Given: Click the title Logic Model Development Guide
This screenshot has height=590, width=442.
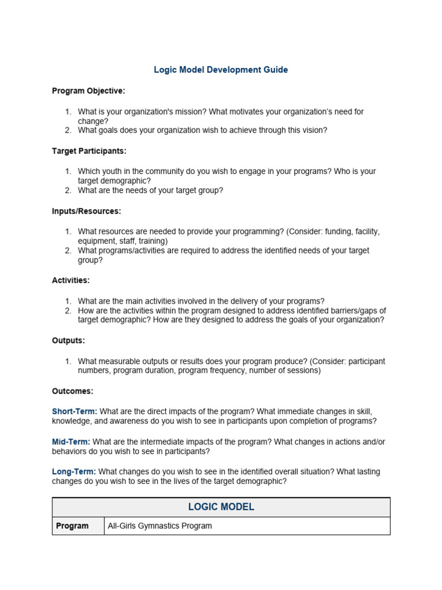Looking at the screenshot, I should pos(221,70).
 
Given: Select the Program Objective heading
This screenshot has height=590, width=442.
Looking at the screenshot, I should pos(89,91).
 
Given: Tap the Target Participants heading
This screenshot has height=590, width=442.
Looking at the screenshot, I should pos(89,151).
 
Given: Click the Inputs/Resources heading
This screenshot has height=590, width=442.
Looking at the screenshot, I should pos(86,211).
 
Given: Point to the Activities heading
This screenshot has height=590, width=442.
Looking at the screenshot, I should pos(71,281).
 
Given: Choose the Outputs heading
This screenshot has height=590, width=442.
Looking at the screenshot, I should pos(68,341).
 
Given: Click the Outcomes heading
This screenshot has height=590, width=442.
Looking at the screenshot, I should pos(73,391).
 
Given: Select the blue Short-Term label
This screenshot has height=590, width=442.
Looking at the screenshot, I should pos(74,411).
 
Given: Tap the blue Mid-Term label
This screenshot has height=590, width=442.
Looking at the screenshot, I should pos(71,442).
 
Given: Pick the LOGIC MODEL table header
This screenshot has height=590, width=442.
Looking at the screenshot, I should pos(221,507).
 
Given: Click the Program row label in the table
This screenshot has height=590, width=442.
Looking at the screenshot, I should pos(72,526).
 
